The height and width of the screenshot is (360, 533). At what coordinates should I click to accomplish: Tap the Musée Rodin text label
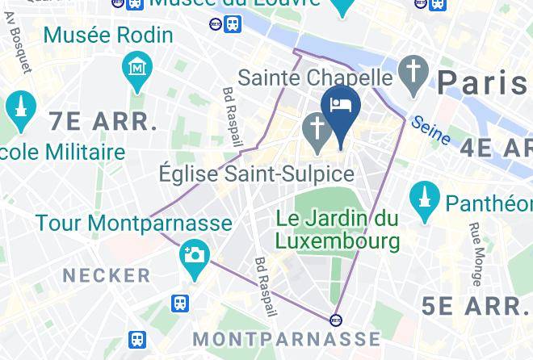[x=108, y=36]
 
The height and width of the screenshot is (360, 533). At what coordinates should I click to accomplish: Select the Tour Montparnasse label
[x=133, y=223]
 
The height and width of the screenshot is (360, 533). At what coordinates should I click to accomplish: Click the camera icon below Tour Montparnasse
[x=195, y=257]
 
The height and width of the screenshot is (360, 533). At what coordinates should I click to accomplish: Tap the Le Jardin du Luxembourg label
[x=338, y=229]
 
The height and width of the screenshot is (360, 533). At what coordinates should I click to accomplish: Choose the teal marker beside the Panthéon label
[x=424, y=199]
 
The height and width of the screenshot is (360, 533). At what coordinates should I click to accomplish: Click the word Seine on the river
[x=430, y=131]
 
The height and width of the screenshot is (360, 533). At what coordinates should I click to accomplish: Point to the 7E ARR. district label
[x=103, y=123]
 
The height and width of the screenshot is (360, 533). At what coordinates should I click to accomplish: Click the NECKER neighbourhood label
[x=107, y=275]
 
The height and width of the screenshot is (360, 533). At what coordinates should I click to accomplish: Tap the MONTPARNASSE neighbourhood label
[x=287, y=337]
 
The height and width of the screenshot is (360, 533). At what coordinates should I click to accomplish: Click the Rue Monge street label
[x=476, y=255]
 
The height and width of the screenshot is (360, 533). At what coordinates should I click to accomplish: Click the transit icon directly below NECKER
[x=179, y=303]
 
